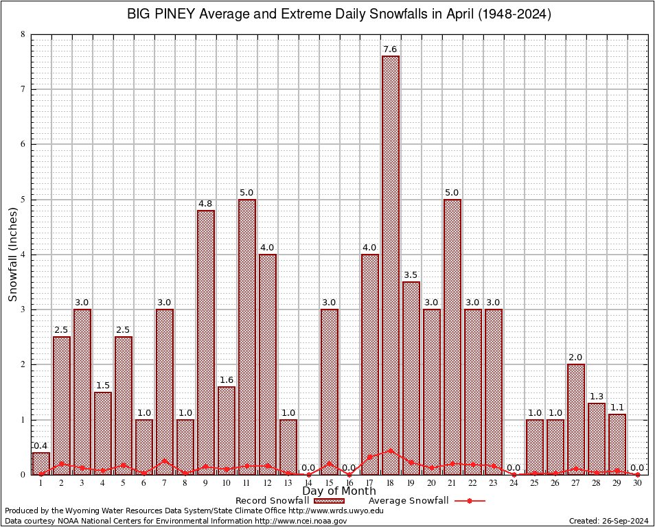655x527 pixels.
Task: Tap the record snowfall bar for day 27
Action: pos(576,419)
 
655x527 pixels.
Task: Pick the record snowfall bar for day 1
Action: pos(41,463)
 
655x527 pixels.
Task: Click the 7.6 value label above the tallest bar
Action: pos(391,49)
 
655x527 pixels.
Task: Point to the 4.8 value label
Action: pos(205,204)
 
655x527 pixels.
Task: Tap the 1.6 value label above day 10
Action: pos(226,380)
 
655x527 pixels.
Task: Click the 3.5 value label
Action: pos(411,275)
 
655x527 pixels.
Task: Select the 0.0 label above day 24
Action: pos(514,468)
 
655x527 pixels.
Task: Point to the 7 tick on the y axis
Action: pos(23,89)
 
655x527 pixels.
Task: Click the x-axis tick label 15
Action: pos(329,484)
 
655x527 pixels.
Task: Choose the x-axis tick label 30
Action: pos(638,484)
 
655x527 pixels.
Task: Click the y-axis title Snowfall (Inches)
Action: pos(13,255)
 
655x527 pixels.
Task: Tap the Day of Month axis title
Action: pos(339,491)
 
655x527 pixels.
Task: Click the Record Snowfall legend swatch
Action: pos(328,501)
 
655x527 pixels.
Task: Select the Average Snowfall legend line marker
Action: pos(470,501)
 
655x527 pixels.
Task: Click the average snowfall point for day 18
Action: pos(391,451)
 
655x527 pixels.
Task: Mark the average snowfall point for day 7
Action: pos(164,461)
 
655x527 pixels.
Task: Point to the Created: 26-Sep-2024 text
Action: pos(608,521)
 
